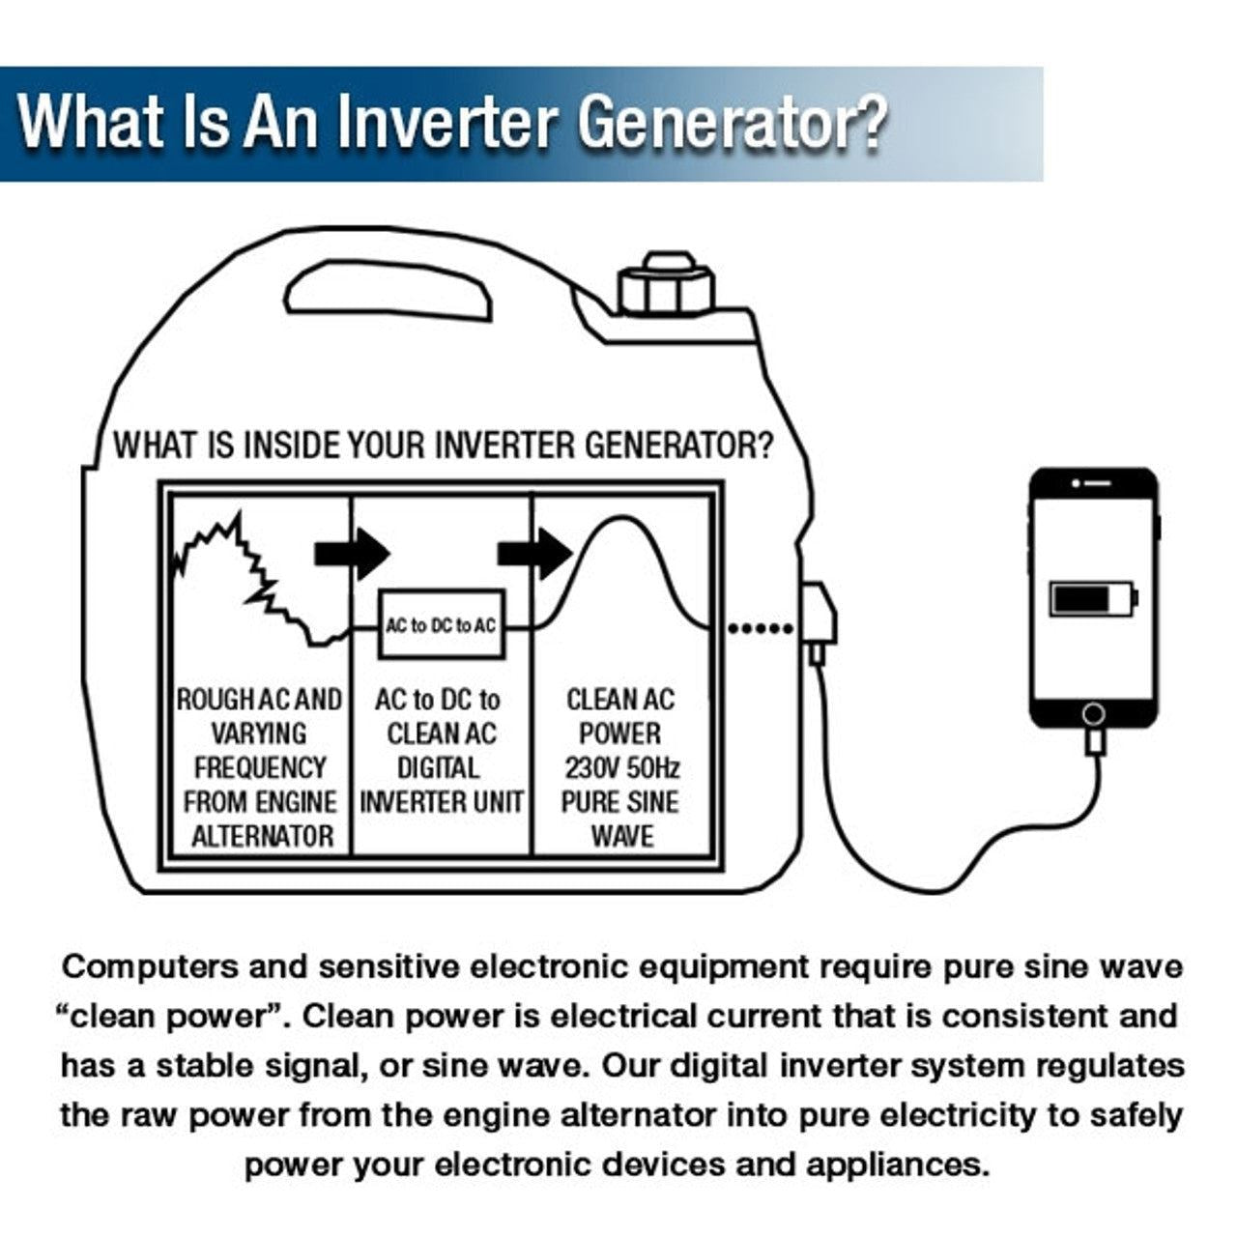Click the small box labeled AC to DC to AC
[x=441, y=625]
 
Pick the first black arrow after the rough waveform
[x=352, y=554]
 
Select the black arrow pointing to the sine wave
[x=534, y=554]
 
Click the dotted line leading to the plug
[x=760, y=628]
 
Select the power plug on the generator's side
[x=817, y=619]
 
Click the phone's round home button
[x=1093, y=713]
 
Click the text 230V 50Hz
[x=621, y=768]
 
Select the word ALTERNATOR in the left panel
[x=262, y=837]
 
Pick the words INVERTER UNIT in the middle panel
[x=441, y=802]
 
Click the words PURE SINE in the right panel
[x=621, y=802]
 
